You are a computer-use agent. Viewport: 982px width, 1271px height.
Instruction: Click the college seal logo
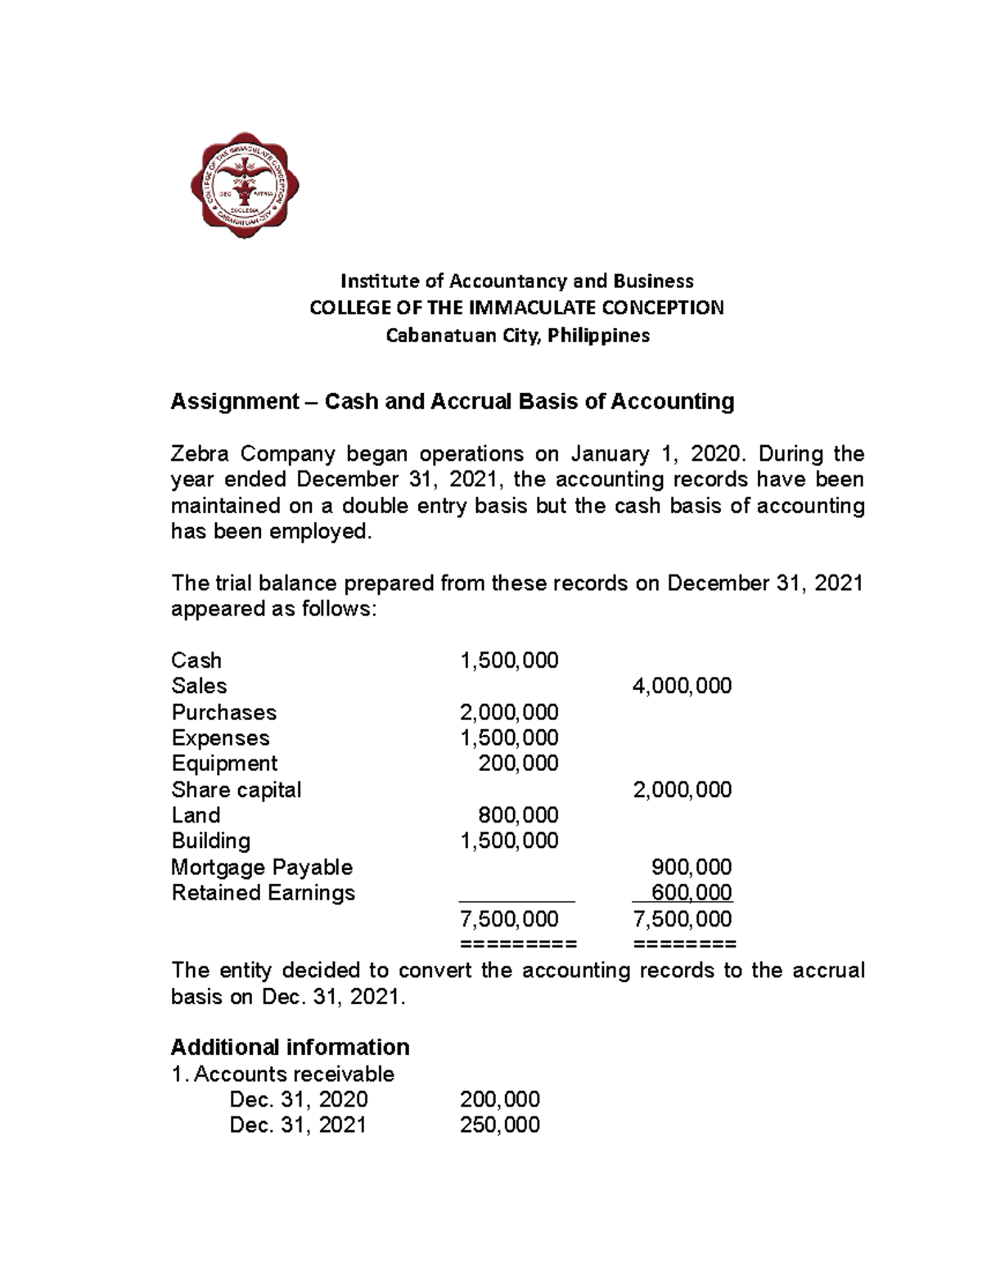coord(244,185)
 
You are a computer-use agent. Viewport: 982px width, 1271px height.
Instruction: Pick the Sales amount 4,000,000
coord(682,686)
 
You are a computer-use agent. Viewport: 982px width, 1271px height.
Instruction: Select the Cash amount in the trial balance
coord(509,660)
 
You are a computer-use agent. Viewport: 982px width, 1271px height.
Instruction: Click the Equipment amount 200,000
coord(518,764)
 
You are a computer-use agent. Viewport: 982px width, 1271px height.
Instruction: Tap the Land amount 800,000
coord(518,815)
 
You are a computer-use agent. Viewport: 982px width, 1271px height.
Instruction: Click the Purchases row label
coord(223,712)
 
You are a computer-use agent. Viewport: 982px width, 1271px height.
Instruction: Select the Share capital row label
coord(236,790)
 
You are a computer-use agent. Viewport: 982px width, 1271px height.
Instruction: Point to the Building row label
coord(211,841)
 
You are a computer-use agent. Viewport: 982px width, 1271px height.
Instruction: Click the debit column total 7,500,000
coord(509,919)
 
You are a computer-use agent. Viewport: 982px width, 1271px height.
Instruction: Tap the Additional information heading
coord(290,1048)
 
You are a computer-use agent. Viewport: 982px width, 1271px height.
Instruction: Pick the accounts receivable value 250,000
coord(499,1125)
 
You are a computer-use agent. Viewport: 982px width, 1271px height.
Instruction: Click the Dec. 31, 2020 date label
coord(298,1099)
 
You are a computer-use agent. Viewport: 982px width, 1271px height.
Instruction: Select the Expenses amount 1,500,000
coord(509,737)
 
